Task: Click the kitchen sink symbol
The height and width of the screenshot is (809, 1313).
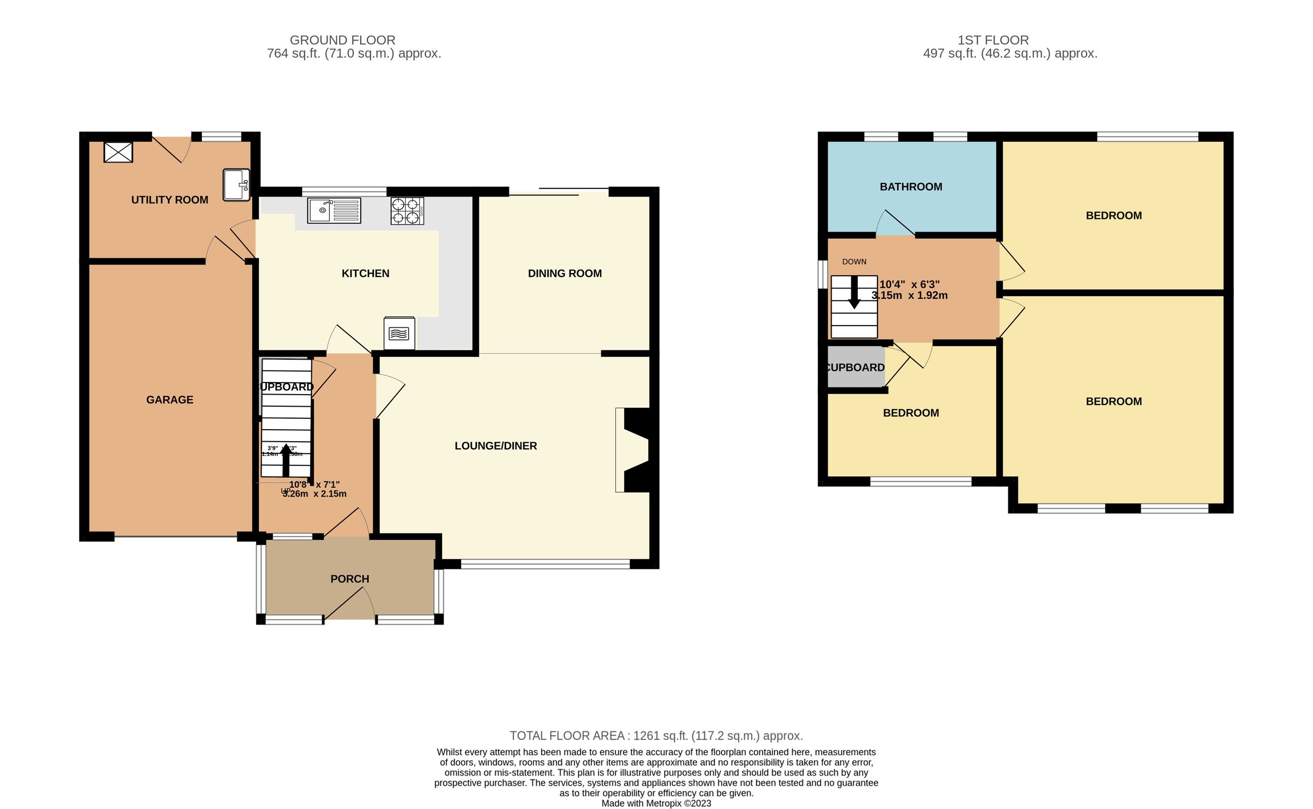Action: [x=334, y=211]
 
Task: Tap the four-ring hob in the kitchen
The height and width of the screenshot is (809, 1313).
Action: [x=407, y=211]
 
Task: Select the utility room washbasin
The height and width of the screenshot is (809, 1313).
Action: [x=237, y=184]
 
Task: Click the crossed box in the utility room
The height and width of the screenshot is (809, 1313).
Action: [x=118, y=152]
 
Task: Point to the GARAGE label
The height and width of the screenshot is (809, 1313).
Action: [x=170, y=400]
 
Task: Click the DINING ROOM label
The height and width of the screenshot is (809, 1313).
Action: [x=565, y=274]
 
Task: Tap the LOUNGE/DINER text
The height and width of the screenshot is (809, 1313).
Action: [x=496, y=446]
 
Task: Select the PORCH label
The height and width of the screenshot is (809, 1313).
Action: [x=350, y=579]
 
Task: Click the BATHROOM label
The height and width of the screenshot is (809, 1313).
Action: [x=911, y=187]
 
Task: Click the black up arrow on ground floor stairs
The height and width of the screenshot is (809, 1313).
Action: [x=286, y=460]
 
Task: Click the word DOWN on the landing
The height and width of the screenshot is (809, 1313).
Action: [x=854, y=262]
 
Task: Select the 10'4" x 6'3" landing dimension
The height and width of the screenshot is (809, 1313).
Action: [x=909, y=290]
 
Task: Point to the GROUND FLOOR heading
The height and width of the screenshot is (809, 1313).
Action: [x=342, y=41]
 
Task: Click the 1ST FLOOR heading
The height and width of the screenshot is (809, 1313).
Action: [x=993, y=41]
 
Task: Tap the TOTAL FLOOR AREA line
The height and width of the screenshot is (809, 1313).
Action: [x=656, y=736]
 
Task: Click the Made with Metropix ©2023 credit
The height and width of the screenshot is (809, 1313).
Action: [x=656, y=804]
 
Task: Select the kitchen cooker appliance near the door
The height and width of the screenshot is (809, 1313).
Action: [x=399, y=333]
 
